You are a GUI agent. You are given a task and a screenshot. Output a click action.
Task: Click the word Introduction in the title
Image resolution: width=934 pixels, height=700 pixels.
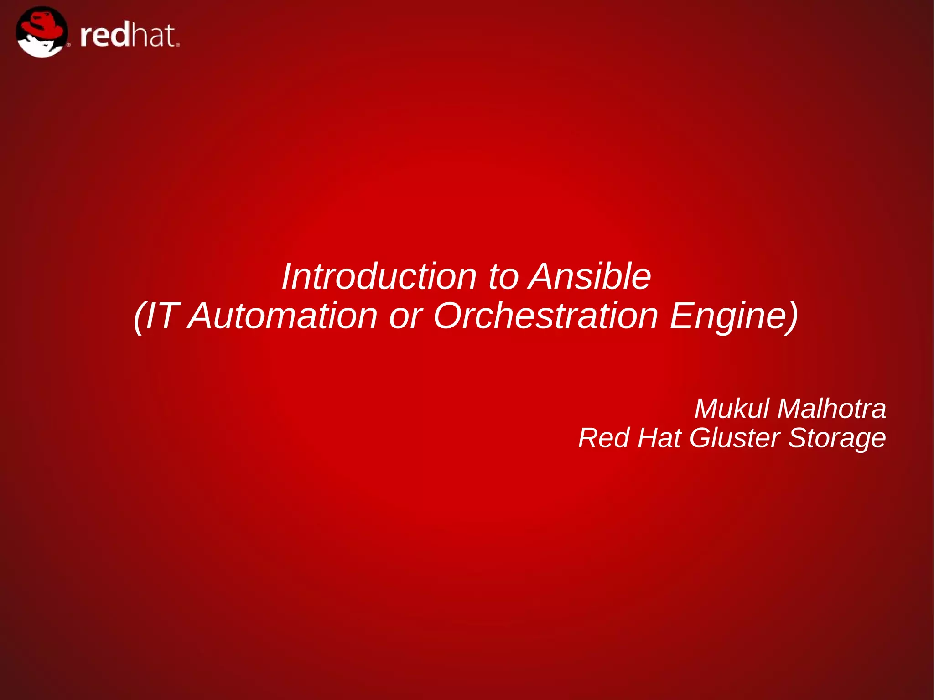379,277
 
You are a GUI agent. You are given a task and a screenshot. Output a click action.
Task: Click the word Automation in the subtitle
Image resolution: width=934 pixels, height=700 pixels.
283,316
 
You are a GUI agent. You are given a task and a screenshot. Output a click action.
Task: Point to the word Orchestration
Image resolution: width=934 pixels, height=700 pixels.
545,316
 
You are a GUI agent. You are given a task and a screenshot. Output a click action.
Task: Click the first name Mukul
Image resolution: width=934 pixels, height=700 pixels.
732,409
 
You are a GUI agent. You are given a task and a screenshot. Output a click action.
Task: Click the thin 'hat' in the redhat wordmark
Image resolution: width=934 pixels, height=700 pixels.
153,36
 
